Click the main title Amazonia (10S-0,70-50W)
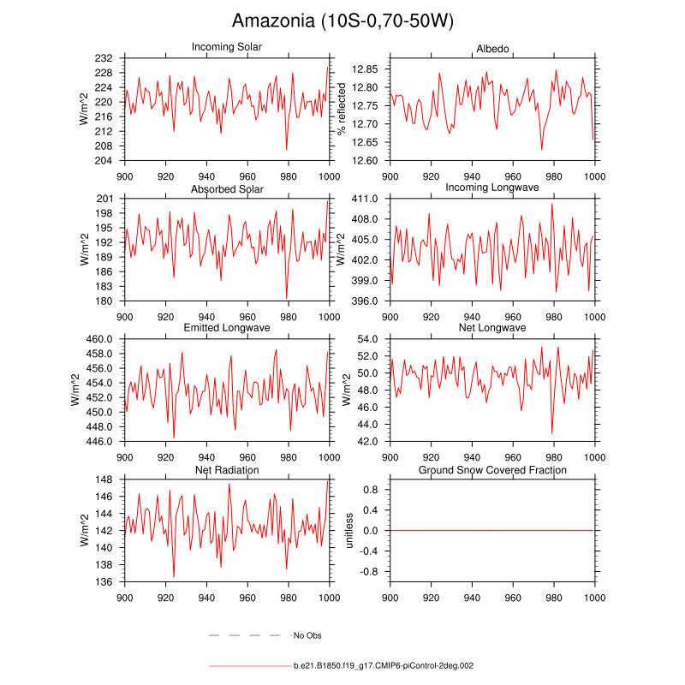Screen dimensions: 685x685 (342, 21)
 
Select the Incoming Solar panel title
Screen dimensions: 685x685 (227, 47)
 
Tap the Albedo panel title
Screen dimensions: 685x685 (492, 47)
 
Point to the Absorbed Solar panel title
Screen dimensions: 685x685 (227, 188)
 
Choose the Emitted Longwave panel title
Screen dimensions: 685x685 (227, 329)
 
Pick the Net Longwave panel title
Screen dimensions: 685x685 (492, 328)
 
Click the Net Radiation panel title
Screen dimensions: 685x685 (227, 470)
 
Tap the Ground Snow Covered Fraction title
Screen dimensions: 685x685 (492, 470)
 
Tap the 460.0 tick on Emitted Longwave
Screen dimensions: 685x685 (106, 340)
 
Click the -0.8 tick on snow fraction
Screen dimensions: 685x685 (371, 572)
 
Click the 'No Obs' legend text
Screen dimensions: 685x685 (307, 635)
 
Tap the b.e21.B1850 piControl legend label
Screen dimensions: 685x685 (383, 665)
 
